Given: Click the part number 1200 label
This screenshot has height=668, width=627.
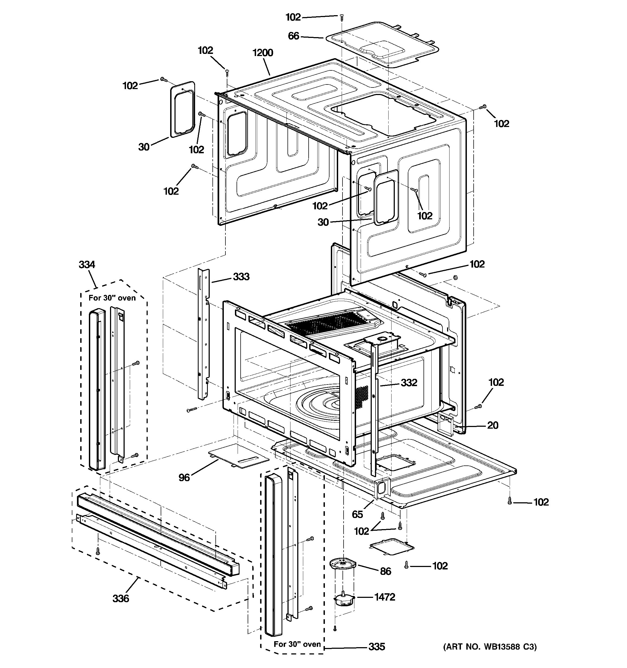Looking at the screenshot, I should (x=263, y=53).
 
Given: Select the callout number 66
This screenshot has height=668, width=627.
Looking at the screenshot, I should (x=293, y=36).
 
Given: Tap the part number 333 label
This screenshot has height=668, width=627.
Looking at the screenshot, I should (x=241, y=276).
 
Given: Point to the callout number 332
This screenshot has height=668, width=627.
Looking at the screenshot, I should (x=409, y=382).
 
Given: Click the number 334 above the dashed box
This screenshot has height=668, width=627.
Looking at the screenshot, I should (x=87, y=265).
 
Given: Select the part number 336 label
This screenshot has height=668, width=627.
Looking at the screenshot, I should (x=121, y=598).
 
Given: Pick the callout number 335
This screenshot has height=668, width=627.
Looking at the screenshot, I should (x=377, y=647).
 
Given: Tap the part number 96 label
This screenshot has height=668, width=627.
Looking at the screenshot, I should (x=184, y=477).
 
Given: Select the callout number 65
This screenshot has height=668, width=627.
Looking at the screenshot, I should (x=357, y=514).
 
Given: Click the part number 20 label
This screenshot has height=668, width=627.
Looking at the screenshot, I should (x=493, y=425).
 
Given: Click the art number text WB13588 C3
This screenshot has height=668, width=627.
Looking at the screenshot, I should (x=490, y=647).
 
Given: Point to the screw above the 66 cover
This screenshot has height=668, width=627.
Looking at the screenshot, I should (x=342, y=17).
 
